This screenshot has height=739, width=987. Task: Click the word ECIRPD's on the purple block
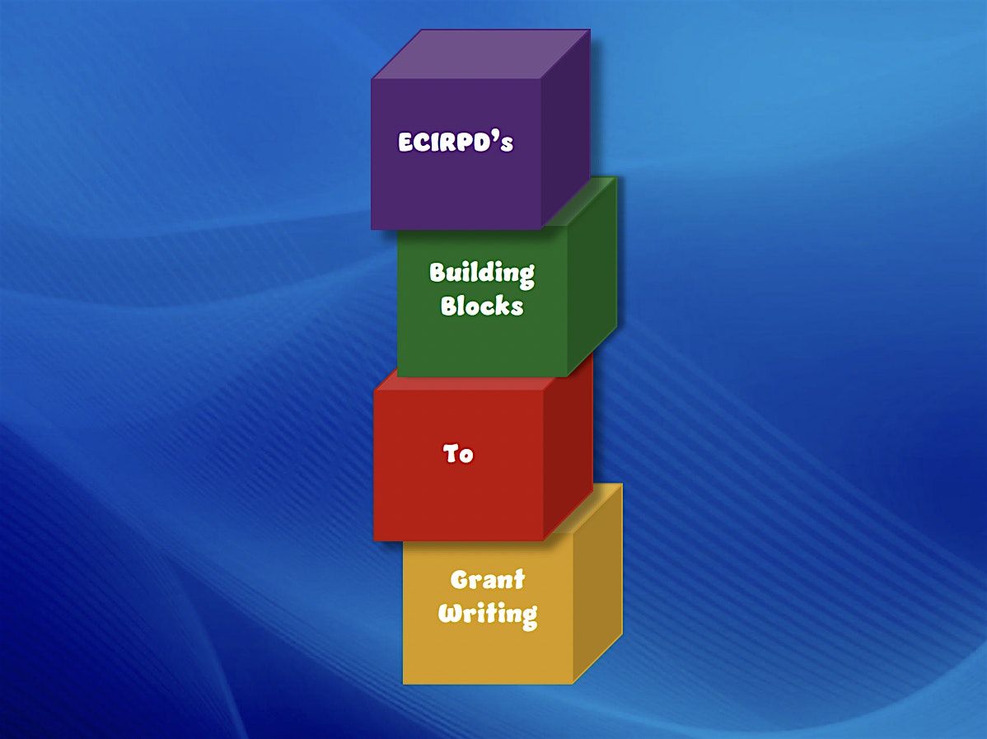click(x=456, y=142)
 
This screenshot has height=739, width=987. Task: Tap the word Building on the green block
click(x=481, y=274)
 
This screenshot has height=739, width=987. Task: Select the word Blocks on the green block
click(x=481, y=306)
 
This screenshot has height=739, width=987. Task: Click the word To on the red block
click(x=457, y=453)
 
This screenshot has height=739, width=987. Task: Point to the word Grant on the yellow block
click(x=487, y=579)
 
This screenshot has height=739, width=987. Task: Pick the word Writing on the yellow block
click(x=488, y=614)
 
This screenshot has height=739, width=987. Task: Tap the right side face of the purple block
click(x=565, y=129)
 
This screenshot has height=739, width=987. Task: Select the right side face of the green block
click(x=592, y=277)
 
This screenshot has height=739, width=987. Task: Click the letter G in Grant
click(x=461, y=580)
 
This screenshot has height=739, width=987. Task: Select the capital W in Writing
click(x=451, y=612)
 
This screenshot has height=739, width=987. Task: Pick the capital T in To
click(x=450, y=453)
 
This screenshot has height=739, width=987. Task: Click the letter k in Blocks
click(x=503, y=306)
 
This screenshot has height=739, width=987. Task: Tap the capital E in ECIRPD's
click(x=405, y=143)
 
